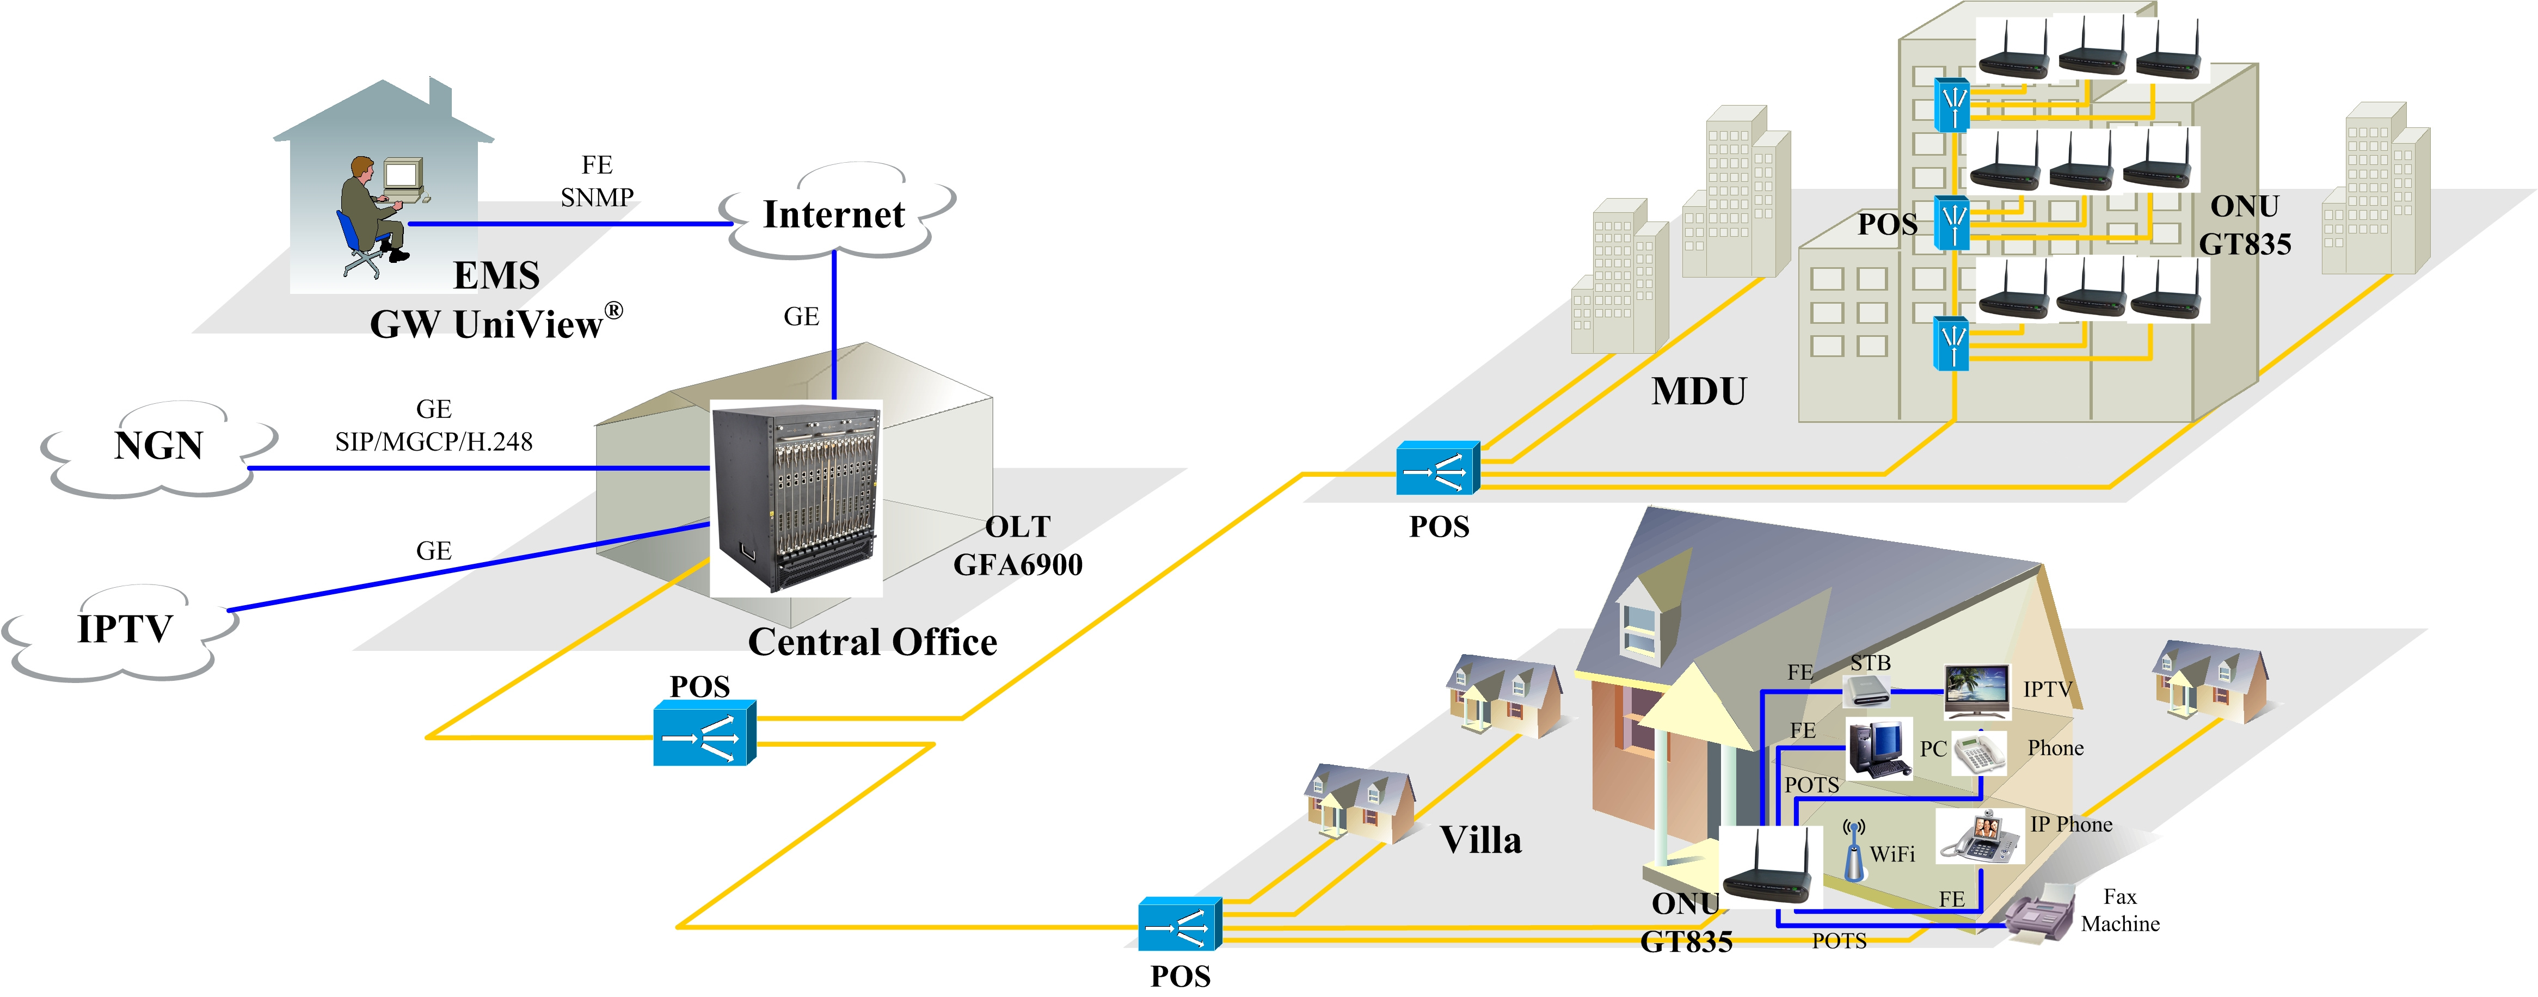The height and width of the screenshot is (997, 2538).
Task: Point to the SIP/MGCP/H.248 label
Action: [x=433, y=441]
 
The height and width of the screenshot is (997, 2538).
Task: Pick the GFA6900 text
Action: [x=1018, y=564]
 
